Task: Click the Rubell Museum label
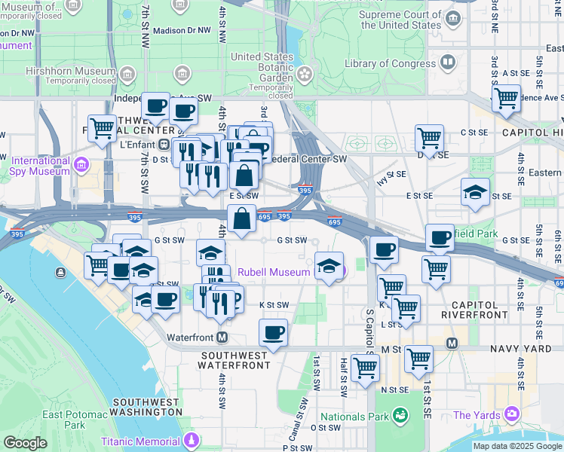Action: click(x=274, y=272)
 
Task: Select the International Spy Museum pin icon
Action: click(x=81, y=164)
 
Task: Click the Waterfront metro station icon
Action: click(x=222, y=337)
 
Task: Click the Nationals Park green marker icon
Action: click(x=400, y=415)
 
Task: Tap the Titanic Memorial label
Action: click(x=141, y=441)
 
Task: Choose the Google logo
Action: click(x=25, y=443)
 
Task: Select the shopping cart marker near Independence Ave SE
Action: click(x=506, y=97)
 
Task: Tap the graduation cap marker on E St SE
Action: click(x=475, y=191)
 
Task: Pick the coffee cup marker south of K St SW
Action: click(x=273, y=331)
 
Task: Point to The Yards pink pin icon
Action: click(x=513, y=414)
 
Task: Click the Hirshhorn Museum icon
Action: click(x=126, y=75)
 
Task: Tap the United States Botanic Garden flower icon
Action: click(x=304, y=75)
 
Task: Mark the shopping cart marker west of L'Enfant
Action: click(x=102, y=127)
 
